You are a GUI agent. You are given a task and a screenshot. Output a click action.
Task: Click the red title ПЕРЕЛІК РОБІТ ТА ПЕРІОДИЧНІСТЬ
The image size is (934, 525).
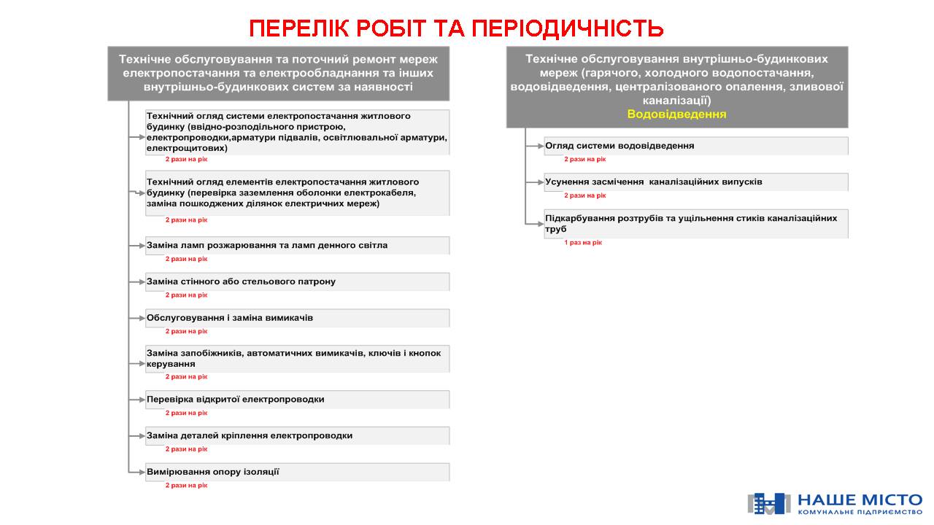(x=456, y=28)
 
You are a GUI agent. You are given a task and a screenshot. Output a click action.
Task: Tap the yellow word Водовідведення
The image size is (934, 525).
(x=676, y=114)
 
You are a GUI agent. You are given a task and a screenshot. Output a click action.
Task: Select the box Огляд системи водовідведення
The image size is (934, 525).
(x=695, y=146)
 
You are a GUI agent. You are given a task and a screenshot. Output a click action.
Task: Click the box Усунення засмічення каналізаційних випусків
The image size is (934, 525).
(x=695, y=182)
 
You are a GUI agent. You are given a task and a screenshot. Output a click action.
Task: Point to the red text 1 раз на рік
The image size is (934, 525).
(x=583, y=243)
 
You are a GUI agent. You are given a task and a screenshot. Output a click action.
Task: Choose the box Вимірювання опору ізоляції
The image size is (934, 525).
(x=297, y=472)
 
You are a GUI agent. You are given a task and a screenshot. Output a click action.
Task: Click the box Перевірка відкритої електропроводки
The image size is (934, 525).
(x=297, y=400)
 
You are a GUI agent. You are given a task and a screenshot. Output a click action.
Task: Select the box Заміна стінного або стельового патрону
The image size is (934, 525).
(x=297, y=281)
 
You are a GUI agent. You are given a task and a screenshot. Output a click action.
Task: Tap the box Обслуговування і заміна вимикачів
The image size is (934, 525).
(x=297, y=318)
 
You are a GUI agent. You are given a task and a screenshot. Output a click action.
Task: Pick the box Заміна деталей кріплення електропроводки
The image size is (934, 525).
(x=297, y=435)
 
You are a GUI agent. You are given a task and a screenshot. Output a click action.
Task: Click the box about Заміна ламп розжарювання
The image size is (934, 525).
(x=297, y=245)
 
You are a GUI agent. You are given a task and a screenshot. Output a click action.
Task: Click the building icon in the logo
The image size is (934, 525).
(x=768, y=503)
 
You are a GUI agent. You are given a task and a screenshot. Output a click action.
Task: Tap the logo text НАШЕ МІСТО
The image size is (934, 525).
(x=860, y=500)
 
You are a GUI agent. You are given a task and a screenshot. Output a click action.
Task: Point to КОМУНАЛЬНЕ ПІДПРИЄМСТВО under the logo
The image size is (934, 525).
(x=860, y=513)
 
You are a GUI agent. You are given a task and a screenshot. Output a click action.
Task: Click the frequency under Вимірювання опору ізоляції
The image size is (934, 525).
(x=186, y=485)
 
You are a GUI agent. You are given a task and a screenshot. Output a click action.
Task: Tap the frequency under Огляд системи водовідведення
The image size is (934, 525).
(x=584, y=159)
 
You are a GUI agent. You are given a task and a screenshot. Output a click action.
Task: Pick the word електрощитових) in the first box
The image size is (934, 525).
(x=187, y=148)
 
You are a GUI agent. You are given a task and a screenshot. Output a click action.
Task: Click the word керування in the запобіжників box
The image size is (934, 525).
(x=171, y=363)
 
